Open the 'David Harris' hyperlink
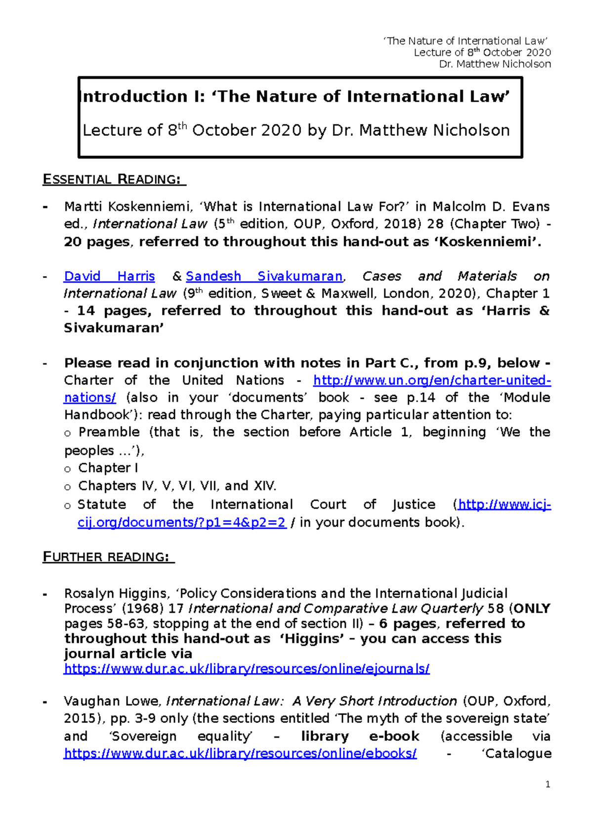click(109, 276)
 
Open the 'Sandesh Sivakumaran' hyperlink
click(264, 276)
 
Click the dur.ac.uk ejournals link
click(247, 669)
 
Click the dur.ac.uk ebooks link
click(240, 754)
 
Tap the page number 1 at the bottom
click(548, 785)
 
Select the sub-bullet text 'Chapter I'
click(108, 468)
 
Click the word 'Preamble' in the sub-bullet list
click(109, 432)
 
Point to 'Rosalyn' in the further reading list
click(89, 593)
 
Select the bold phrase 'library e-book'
click(360, 736)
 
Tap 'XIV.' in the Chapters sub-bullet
click(264, 486)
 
